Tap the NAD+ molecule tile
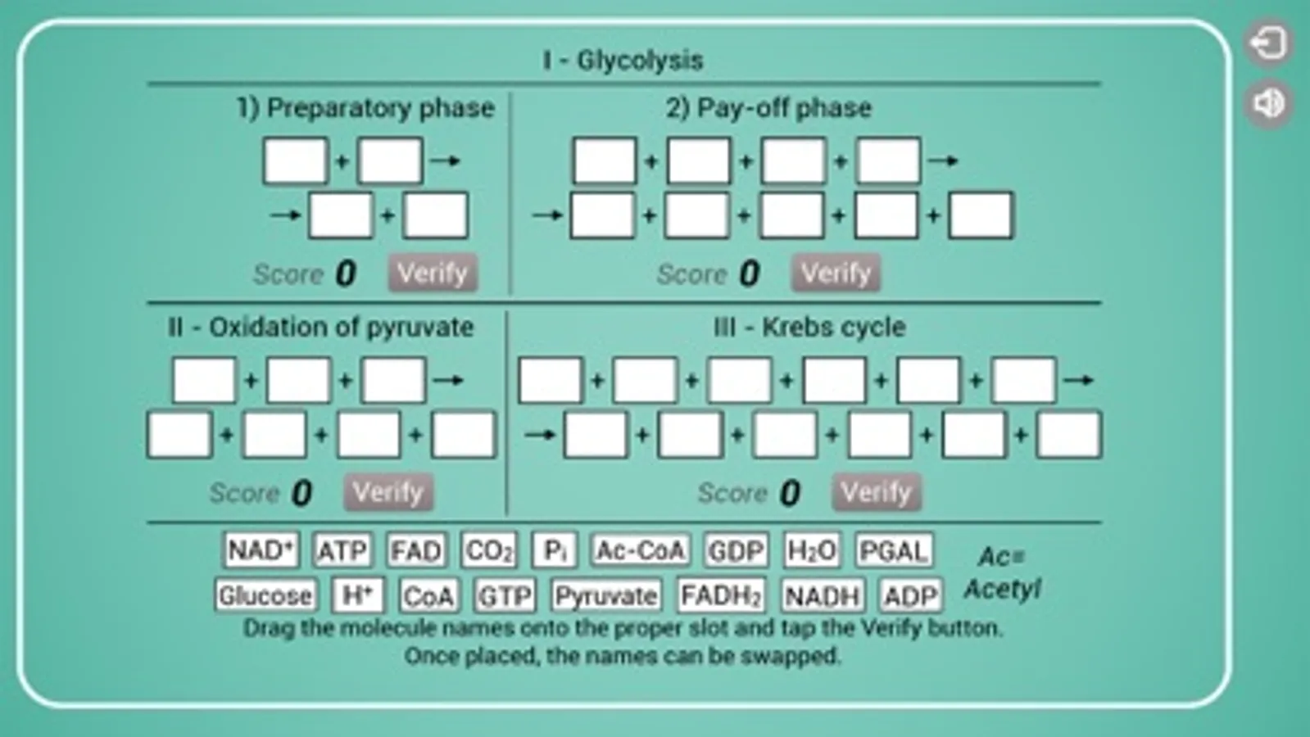click(x=261, y=550)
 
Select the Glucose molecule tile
click(x=265, y=595)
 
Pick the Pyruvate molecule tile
click(x=605, y=595)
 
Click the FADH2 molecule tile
click(x=721, y=595)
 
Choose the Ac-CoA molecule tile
click(x=641, y=550)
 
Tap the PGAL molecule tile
click(x=893, y=550)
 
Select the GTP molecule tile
click(x=505, y=595)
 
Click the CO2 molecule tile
click(x=489, y=550)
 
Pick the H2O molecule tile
click(x=811, y=550)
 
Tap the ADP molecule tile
click(x=909, y=595)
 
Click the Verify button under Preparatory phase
click(x=433, y=273)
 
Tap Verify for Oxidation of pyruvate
click(x=388, y=492)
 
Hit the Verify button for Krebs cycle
click(x=876, y=492)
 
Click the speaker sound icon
click(x=1268, y=103)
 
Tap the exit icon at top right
click(x=1268, y=43)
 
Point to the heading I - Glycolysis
click(x=623, y=60)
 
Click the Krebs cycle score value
click(x=789, y=493)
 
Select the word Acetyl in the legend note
click(x=1002, y=589)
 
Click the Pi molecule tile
click(x=555, y=550)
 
